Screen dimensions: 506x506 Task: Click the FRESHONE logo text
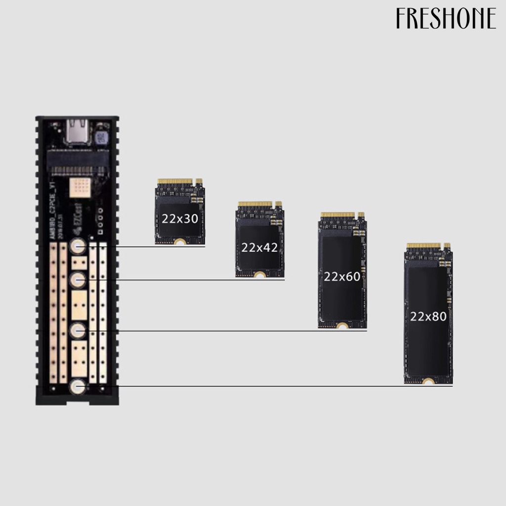(x=446, y=19)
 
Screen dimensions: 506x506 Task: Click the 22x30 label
(x=180, y=218)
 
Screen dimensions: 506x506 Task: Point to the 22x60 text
(x=342, y=277)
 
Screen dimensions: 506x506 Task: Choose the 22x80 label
(x=428, y=316)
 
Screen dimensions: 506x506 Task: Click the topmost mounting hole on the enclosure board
(x=78, y=246)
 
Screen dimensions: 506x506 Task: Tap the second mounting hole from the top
(x=78, y=280)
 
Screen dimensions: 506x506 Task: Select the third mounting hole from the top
(x=78, y=330)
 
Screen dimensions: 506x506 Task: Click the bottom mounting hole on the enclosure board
(x=78, y=386)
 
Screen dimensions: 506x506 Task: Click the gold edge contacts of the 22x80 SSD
(x=423, y=246)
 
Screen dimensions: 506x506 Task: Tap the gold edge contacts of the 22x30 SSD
(x=175, y=181)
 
